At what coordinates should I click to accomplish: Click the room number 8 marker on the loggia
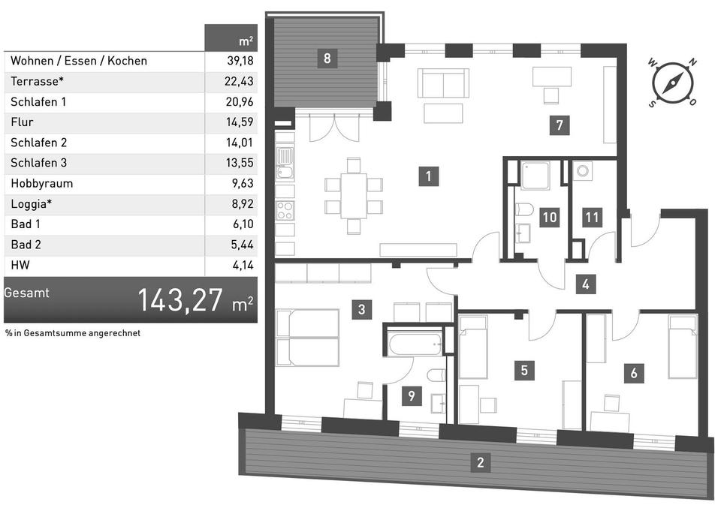tap(326, 58)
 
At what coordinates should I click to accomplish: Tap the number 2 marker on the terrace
tap(480, 462)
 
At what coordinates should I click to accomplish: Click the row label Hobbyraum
tap(42, 183)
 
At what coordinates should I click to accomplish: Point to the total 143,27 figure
tap(180, 300)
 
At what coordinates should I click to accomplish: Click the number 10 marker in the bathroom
tap(550, 218)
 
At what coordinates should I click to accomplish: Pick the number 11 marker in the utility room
tap(593, 218)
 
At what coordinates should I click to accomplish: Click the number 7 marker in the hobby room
tap(557, 125)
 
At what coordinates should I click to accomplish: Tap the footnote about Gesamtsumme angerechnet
tap(72, 332)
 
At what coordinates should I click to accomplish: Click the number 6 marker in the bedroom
tap(635, 372)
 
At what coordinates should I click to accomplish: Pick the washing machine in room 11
tap(584, 171)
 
